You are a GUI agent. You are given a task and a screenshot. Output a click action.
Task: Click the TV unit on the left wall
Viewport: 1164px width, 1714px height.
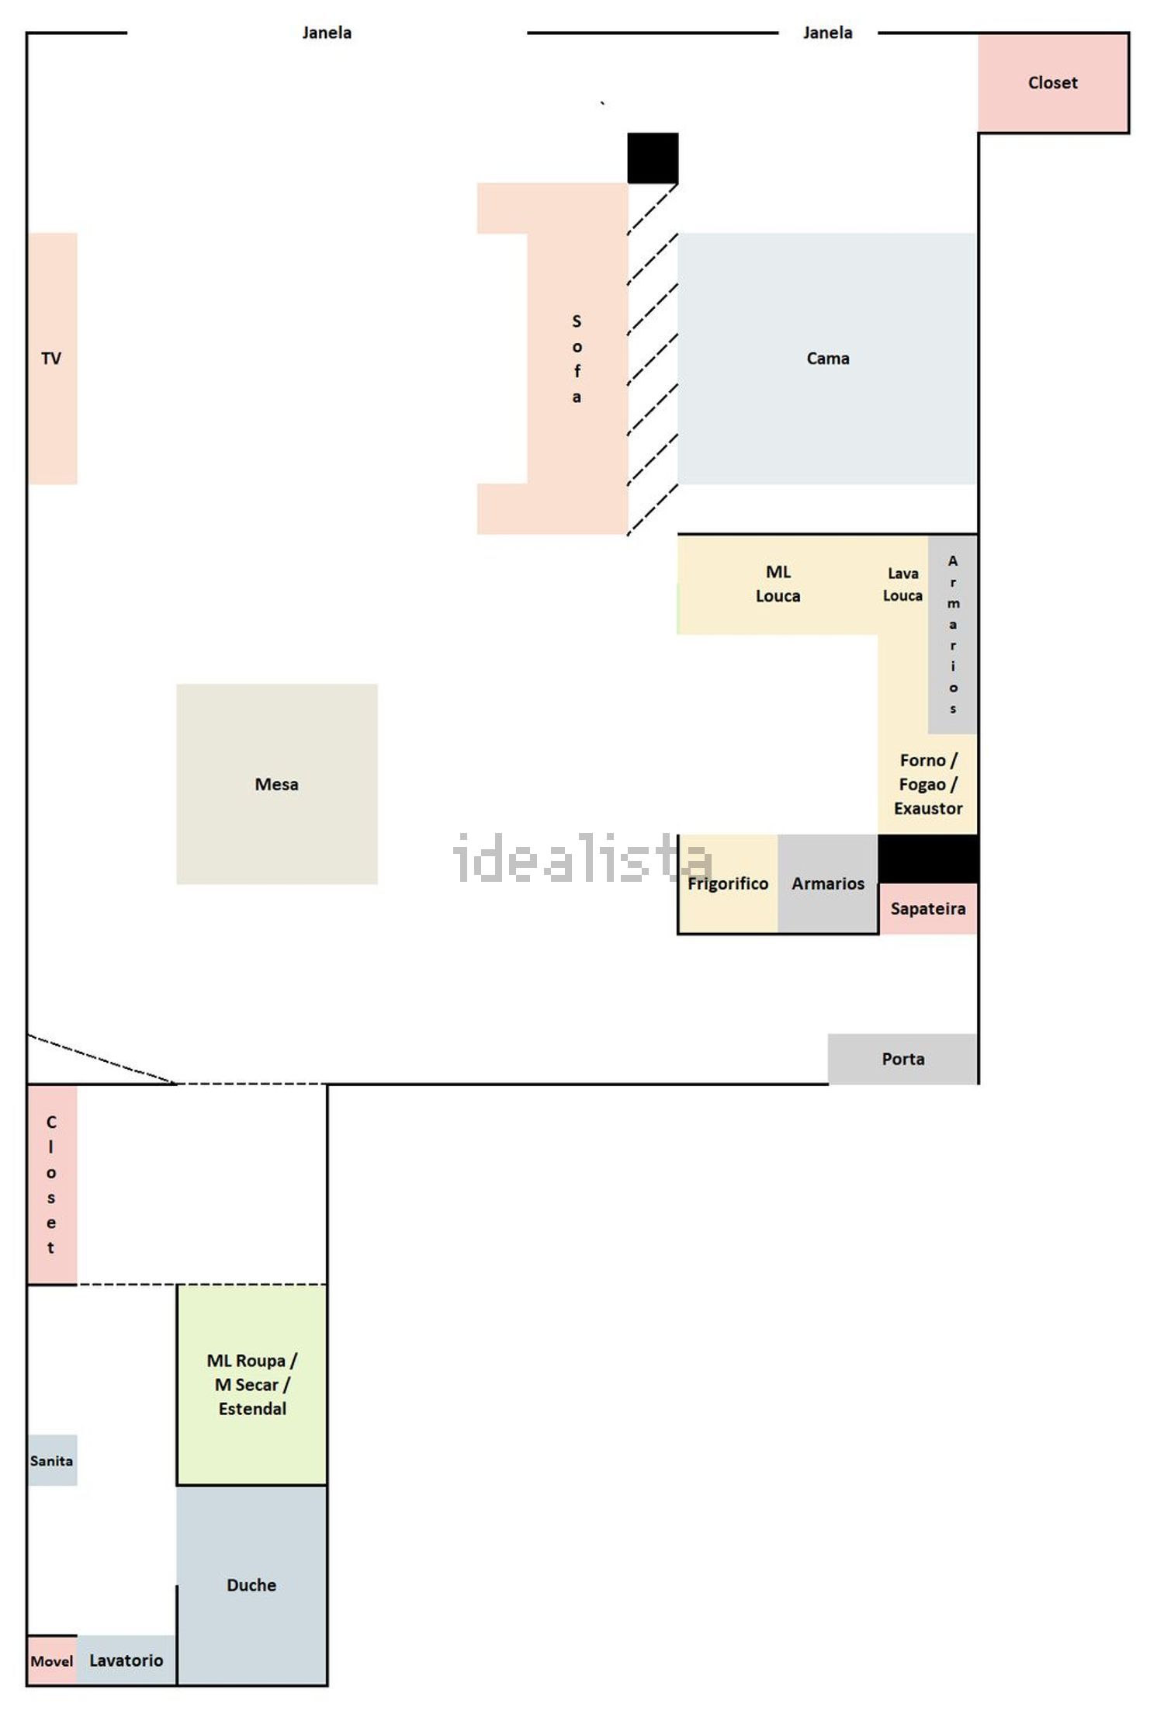point(53,358)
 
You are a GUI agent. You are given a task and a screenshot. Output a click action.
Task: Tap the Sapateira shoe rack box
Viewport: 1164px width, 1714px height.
point(928,908)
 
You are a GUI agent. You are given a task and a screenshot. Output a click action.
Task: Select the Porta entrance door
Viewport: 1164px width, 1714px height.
point(902,1059)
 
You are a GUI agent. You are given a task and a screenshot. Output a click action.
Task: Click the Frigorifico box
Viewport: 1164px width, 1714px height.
point(728,883)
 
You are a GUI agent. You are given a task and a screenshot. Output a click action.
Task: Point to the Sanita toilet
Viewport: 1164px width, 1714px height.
point(53,1460)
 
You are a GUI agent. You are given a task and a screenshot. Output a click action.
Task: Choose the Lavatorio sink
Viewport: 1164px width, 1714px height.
point(126,1660)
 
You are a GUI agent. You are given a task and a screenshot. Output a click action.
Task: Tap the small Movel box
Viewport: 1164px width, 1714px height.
point(53,1660)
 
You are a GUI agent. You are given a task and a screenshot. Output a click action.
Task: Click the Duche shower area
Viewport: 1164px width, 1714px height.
point(251,1585)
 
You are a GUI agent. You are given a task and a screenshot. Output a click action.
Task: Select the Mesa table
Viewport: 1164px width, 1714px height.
point(277,784)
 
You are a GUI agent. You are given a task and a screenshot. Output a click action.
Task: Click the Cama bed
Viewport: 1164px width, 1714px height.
point(827,358)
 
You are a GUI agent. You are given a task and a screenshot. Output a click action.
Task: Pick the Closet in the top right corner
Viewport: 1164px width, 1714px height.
point(1053,82)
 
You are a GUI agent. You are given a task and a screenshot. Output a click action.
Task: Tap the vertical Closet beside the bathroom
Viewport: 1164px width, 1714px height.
point(53,1185)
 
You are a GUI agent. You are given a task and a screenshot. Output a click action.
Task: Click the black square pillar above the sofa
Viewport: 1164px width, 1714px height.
point(653,158)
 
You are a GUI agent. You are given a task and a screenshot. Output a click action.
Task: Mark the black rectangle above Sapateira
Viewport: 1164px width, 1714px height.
point(928,859)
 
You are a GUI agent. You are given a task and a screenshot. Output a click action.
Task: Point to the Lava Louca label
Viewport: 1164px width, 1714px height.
point(902,585)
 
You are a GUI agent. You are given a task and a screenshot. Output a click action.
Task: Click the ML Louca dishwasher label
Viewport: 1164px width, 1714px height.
point(778,584)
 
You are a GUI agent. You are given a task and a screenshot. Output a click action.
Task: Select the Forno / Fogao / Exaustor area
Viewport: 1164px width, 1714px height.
point(928,784)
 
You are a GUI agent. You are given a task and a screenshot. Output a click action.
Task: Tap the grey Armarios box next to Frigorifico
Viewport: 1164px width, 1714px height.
point(828,883)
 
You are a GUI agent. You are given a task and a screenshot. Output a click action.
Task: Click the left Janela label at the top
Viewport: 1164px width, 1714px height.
point(327,33)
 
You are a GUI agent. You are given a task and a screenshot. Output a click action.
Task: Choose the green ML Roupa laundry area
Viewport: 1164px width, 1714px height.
point(251,1385)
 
